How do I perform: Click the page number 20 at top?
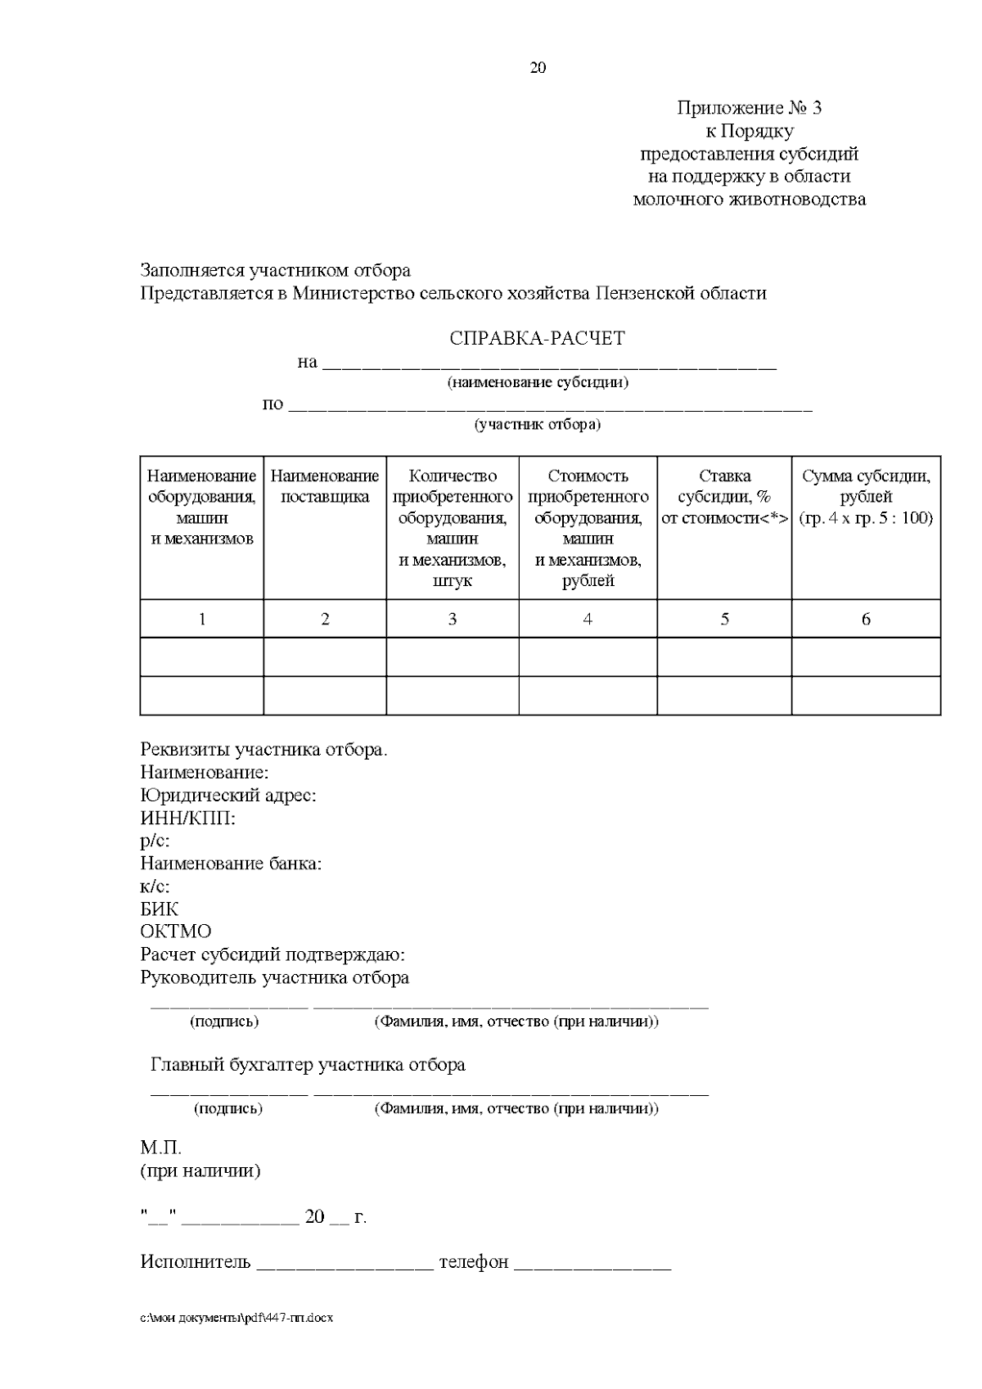click(x=538, y=68)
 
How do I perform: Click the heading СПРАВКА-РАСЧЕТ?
click(x=537, y=338)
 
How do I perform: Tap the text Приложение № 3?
click(x=749, y=108)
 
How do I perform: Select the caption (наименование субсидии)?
click(x=537, y=382)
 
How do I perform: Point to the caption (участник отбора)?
click(x=538, y=425)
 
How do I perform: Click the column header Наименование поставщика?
click(x=325, y=486)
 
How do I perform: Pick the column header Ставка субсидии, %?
click(x=724, y=497)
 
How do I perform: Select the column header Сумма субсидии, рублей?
click(x=866, y=497)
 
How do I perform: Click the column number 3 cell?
click(x=452, y=620)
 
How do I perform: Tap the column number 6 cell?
click(x=866, y=620)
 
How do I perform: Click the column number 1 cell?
click(x=201, y=620)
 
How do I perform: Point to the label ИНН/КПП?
click(x=187, y=818)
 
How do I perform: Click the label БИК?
click(x=159, y=909)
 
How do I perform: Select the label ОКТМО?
click(x=175, y=931)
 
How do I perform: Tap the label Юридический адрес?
click(x=228, y=795)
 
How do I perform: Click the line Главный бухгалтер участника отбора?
click(x=308, y=1065)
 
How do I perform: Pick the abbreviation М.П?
click(x=160, y=1148)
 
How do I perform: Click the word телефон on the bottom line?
click(x=473, y=1262)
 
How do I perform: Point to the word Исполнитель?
click(x=195, y=1262)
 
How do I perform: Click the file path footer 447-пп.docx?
click(x=237, y=1319)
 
